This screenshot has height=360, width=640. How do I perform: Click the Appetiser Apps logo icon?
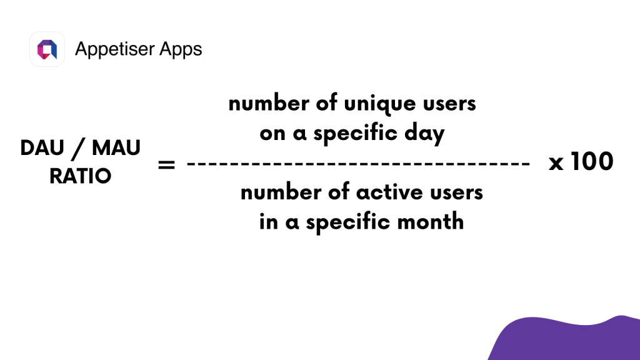pos(47,49)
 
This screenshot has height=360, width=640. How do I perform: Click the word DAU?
pos(42,147)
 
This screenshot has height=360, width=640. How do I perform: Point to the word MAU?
pos(116,147)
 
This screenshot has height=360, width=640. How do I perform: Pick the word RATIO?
pos(81,176)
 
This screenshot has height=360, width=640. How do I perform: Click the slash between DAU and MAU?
pos(78,149)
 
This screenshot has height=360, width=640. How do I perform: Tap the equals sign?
pos(166,165)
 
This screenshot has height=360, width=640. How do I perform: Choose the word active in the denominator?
pos(389,192)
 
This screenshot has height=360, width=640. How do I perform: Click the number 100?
pos(592,162)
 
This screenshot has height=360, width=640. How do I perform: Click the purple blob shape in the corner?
pos(567,339)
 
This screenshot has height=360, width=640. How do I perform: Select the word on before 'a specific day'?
pos(272,134)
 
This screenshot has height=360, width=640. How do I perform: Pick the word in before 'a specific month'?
pos(268,222)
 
